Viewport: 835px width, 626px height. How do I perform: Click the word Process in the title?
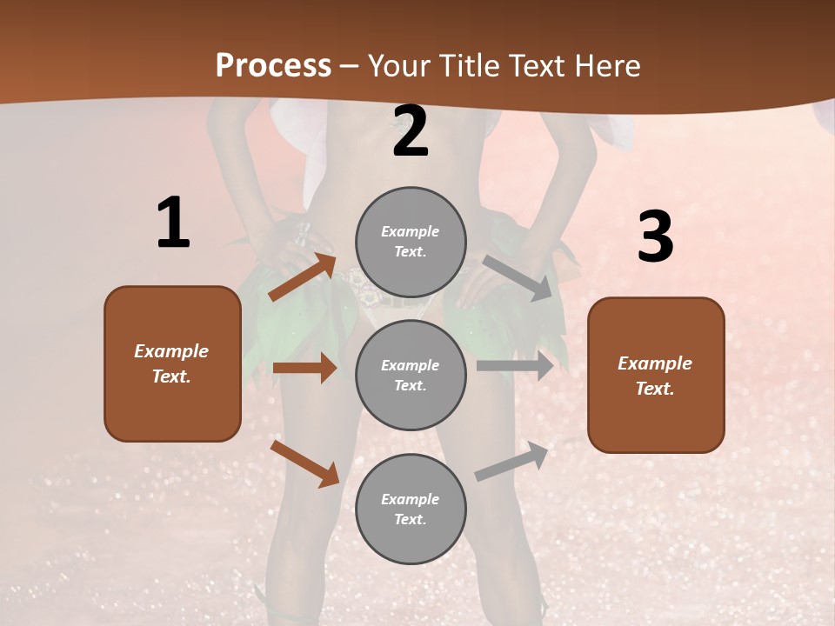[x=273, y=66]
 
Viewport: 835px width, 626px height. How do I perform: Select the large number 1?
[x=173, y=223]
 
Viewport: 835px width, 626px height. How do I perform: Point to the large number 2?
[x=411, y=132]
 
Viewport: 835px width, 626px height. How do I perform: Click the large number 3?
[x=655, y=237]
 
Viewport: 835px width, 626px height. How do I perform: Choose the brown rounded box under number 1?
[x=172, y=363]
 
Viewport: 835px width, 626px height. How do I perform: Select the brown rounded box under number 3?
[x=656, y=375]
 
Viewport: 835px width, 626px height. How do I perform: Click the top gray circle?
[x=411, y=242]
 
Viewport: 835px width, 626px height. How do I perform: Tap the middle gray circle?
[x=411, y=375]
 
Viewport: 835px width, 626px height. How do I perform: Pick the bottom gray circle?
[x=411, y=509]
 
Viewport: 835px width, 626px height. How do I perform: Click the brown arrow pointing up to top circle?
[x=303, y=276]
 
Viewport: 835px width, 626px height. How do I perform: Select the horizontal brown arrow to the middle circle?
[x=304, y=368]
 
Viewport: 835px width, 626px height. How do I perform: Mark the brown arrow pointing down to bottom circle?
[x=304, y=463]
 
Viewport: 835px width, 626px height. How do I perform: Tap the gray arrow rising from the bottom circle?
[x=512, y=462]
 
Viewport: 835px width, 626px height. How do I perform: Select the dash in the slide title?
[x=350, y=66]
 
